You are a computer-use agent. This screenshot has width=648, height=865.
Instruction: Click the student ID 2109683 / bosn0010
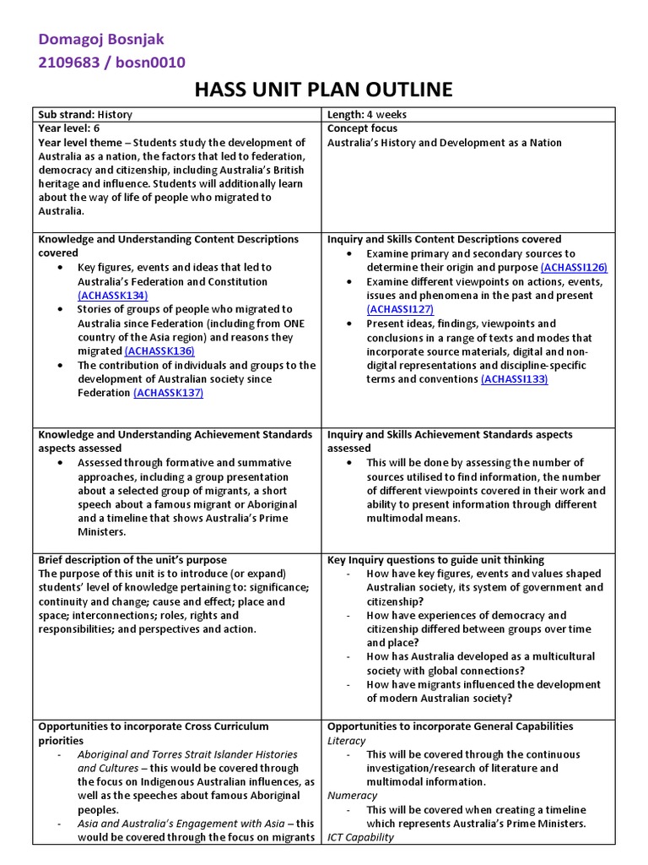click(x=112, y=63)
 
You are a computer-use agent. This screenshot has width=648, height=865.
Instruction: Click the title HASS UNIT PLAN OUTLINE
click(x=324, y=90)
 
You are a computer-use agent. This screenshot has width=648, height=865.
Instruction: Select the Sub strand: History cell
click(x=85, y=114)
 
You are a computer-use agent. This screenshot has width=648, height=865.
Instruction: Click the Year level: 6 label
click(x=69, y=128)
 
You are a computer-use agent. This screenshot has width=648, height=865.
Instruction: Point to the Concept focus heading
click(x=362, y=128)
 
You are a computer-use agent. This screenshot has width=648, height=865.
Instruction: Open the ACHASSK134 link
click(x=112, y=296)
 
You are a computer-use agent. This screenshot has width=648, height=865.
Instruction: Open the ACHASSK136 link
click(x=159, y=351)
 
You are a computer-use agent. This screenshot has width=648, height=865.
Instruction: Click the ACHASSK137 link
click(x=168, y=393)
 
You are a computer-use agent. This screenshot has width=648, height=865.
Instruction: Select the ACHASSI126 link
click(x=574, y=268)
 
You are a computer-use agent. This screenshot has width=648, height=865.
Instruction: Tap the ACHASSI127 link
click(x=400, y=309)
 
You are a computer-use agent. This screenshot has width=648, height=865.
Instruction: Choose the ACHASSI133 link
click(x=514, y=379)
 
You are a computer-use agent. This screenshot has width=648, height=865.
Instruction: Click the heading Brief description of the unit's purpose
click(x=132, y=560)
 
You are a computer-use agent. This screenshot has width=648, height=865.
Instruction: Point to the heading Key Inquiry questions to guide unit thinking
click(x=435, y=560)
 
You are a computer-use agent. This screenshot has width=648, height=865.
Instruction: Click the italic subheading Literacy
click(x=347, y=741)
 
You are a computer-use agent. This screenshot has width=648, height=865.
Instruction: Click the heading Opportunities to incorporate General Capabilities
click(x=450, y=726)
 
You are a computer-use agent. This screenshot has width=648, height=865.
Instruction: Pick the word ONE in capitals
click(x=293, y=324)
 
